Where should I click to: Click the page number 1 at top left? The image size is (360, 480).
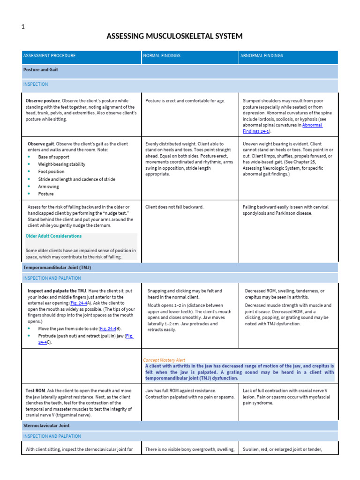[23, 27]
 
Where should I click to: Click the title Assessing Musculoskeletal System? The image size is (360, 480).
[174, 36]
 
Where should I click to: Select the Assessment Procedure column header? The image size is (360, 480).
[49, 56]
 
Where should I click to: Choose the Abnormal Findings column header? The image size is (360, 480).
[262, 56]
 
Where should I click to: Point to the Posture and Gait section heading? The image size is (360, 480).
[41, 69]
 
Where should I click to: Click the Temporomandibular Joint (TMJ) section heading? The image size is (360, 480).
[57, 267]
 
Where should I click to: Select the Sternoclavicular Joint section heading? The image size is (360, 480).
[46, 426]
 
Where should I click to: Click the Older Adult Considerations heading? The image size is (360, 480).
[53, 236]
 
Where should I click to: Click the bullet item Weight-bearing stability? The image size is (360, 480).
[62, 165]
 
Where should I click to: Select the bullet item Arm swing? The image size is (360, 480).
[49, 187]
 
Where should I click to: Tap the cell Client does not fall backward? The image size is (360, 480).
[174, 207]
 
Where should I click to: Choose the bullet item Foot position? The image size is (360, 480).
[52, 172]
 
